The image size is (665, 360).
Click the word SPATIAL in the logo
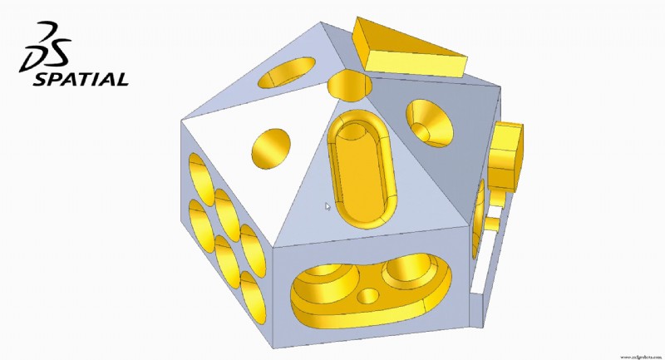pos(80,80)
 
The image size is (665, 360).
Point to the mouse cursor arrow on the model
pos(328,206)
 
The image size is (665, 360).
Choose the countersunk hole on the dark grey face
pos(430,123)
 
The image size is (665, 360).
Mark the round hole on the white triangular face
pos(272,148)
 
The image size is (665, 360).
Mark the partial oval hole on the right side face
pos(480,224)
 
